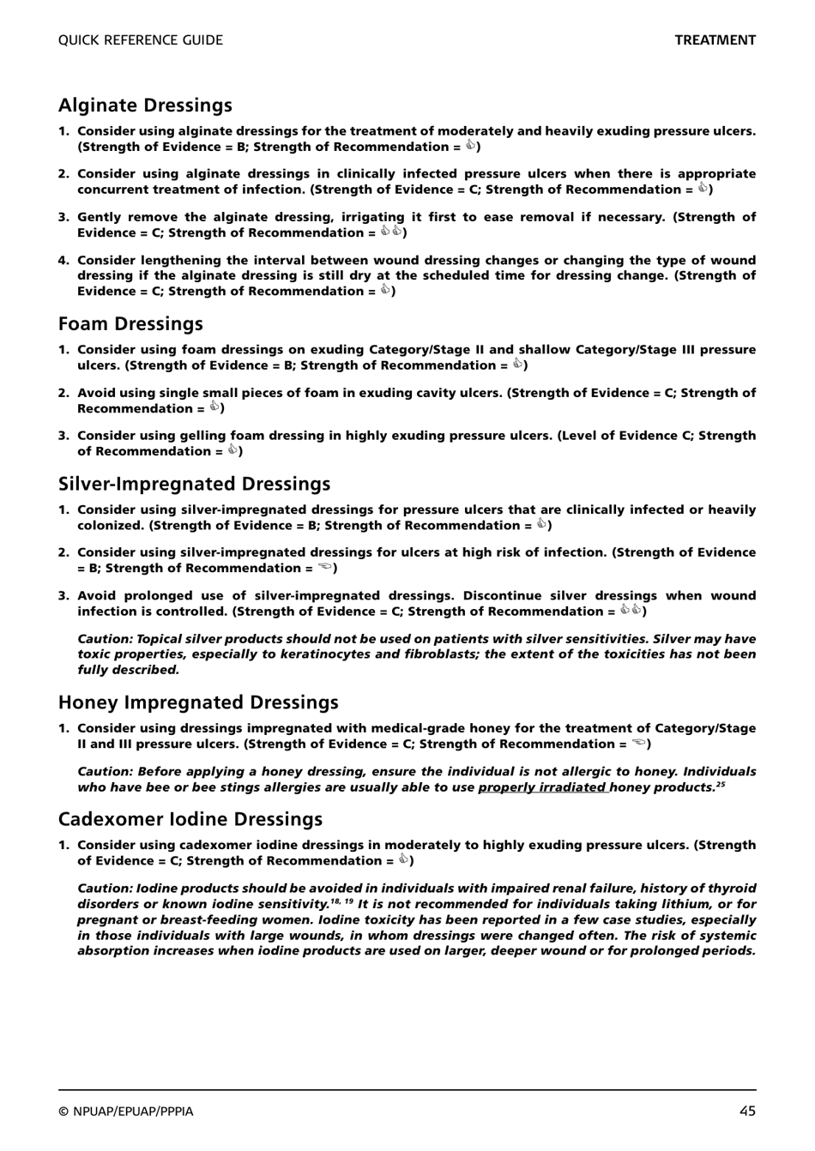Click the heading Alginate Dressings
pyautogui.click(x=145, y=105)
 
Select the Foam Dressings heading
pyautogui.click(x=130, y=323)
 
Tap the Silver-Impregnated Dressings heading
pyautogui.click(x=194, y=484)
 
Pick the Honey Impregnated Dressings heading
pyautogui.click(x=198, y=702)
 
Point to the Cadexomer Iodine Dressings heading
pyautogui.click(x=190, y=819)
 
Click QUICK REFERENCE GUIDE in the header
pyautogui.click(x=140, y=40)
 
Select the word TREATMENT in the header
pyautogui.click(x=715, y=40)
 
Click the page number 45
pyautogui.click(x=747, y=1111)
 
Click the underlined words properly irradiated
pyautogui.click(x=542, y=787)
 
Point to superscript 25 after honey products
pyautogui.click(x=721, y=784)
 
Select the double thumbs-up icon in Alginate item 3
pyautogui.click(x=391, y=232)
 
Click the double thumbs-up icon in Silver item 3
pyautogui.click(x=631, y=610)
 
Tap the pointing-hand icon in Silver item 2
pyautogui.click(x=324, y=568)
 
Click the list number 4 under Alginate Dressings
pyautogui.click(x=63, y=260)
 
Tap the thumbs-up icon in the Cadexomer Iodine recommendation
pyautogui.click(x=402, y=859)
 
